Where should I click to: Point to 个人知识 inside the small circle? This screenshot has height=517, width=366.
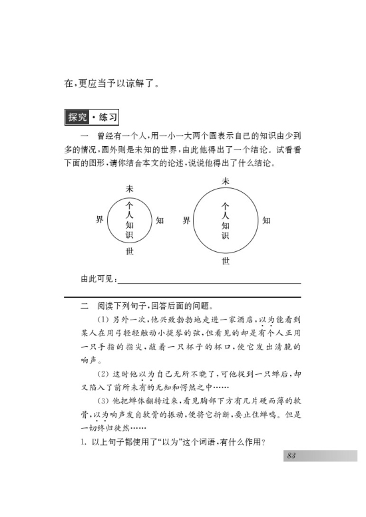tap(130, 221)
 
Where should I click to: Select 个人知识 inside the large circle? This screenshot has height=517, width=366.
tap(226, 221)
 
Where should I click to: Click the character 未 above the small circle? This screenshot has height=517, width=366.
tap(130, 189)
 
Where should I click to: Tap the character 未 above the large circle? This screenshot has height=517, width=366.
tap(226, 181)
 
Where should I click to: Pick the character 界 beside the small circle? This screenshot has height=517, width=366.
tap(99, 220)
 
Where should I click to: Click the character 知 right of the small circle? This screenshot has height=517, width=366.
tap(160, 220)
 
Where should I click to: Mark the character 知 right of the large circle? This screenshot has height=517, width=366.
tap(266, 220)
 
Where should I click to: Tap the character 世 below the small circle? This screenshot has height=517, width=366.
tap(130, 252)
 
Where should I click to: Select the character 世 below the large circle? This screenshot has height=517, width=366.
tap(226, 261)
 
